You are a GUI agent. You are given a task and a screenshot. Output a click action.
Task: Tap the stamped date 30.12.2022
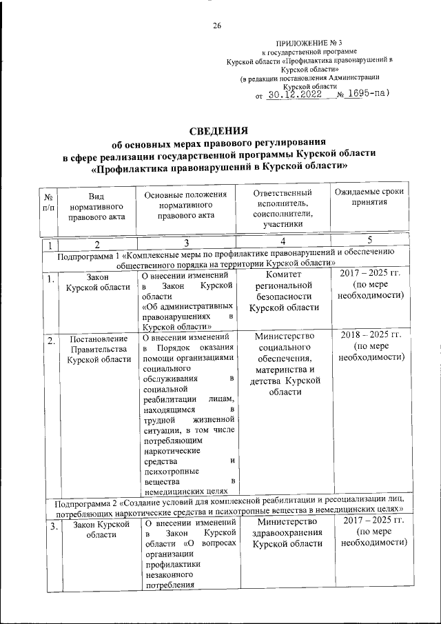point(296,96)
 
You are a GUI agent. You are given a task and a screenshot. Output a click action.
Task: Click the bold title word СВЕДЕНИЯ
point(219,132)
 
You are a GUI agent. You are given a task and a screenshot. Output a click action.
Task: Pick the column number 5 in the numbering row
point(370,241)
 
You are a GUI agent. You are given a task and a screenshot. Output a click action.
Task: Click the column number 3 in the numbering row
point(186,243)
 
